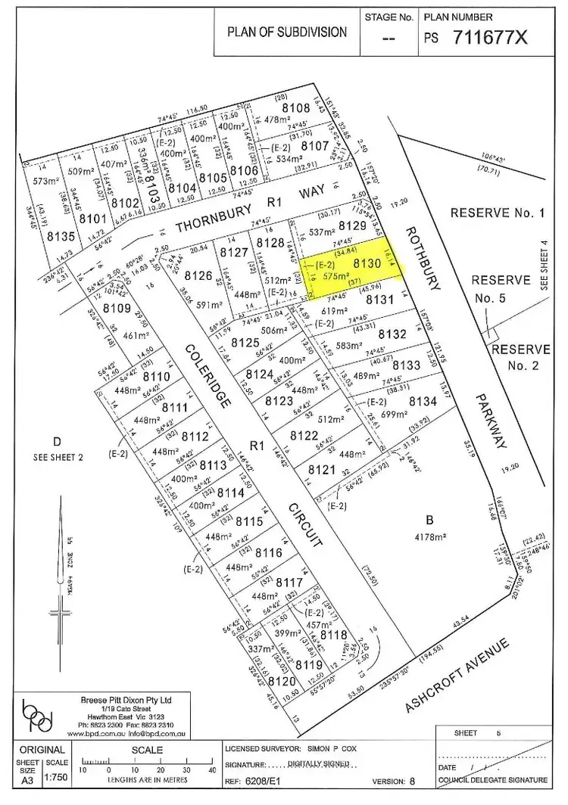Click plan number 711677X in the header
[490, 37]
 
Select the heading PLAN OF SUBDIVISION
[287, 33]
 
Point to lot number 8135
[63, 237]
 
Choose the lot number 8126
[198, 275]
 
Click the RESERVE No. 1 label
[498, 213]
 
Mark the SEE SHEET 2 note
[55, 457]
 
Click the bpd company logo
[39, 713]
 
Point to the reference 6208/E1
[273, 780]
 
